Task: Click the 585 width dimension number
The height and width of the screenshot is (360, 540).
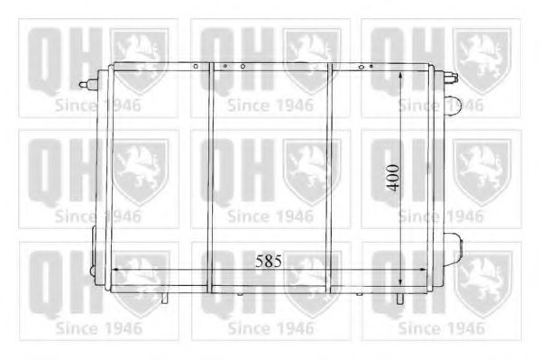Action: point(269,261)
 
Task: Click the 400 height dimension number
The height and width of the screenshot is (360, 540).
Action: point(393,178)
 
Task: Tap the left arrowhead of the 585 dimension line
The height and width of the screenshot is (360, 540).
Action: point(116,270)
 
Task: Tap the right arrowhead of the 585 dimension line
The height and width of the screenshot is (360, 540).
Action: point(423,270)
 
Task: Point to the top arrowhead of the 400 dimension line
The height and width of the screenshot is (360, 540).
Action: point(400,76)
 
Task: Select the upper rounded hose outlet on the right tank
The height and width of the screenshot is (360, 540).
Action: point(453,106)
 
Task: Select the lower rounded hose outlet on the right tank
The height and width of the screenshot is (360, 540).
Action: point(453,249)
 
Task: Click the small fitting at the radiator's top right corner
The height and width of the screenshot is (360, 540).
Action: point(451,77)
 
